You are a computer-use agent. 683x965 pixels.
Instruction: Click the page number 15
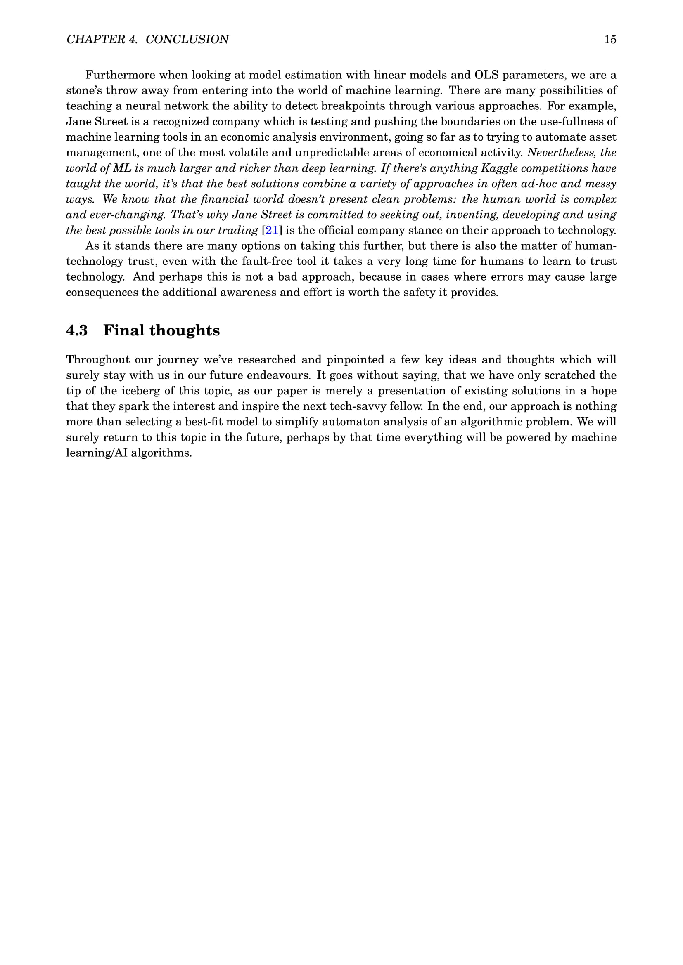(x=610, y=40)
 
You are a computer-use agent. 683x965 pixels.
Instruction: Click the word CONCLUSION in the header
(x=187, y=40)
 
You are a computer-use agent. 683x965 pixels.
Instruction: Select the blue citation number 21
(x=272, y=230)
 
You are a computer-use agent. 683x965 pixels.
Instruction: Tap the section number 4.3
(x=77, y=330)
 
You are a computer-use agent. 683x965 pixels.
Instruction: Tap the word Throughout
(x=98, y=360)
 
